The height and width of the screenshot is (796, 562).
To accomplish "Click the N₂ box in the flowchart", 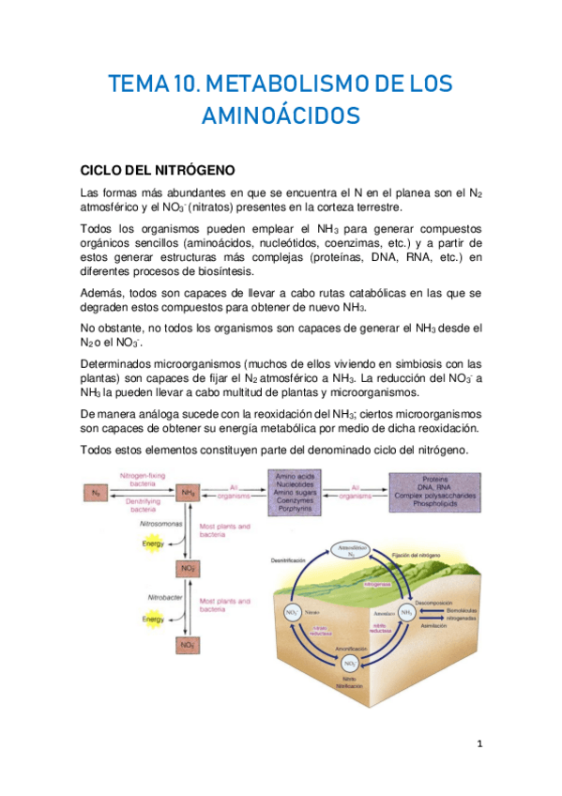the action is tap(96, 492).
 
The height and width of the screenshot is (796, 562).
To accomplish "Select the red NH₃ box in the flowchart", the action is tap(188, 492).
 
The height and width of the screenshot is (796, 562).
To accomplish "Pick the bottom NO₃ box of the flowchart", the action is tap(188, 645).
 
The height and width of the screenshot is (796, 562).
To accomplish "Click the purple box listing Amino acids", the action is tap(294, 493).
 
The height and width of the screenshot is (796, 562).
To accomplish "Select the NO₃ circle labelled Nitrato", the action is tap(292, 612).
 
